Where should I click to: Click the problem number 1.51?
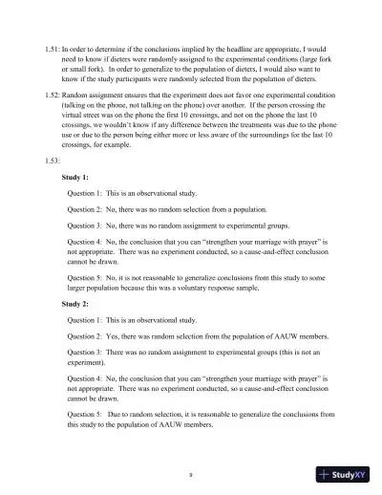[53, 46]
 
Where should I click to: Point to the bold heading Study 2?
[76, 305]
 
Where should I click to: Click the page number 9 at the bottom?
[191, 474]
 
